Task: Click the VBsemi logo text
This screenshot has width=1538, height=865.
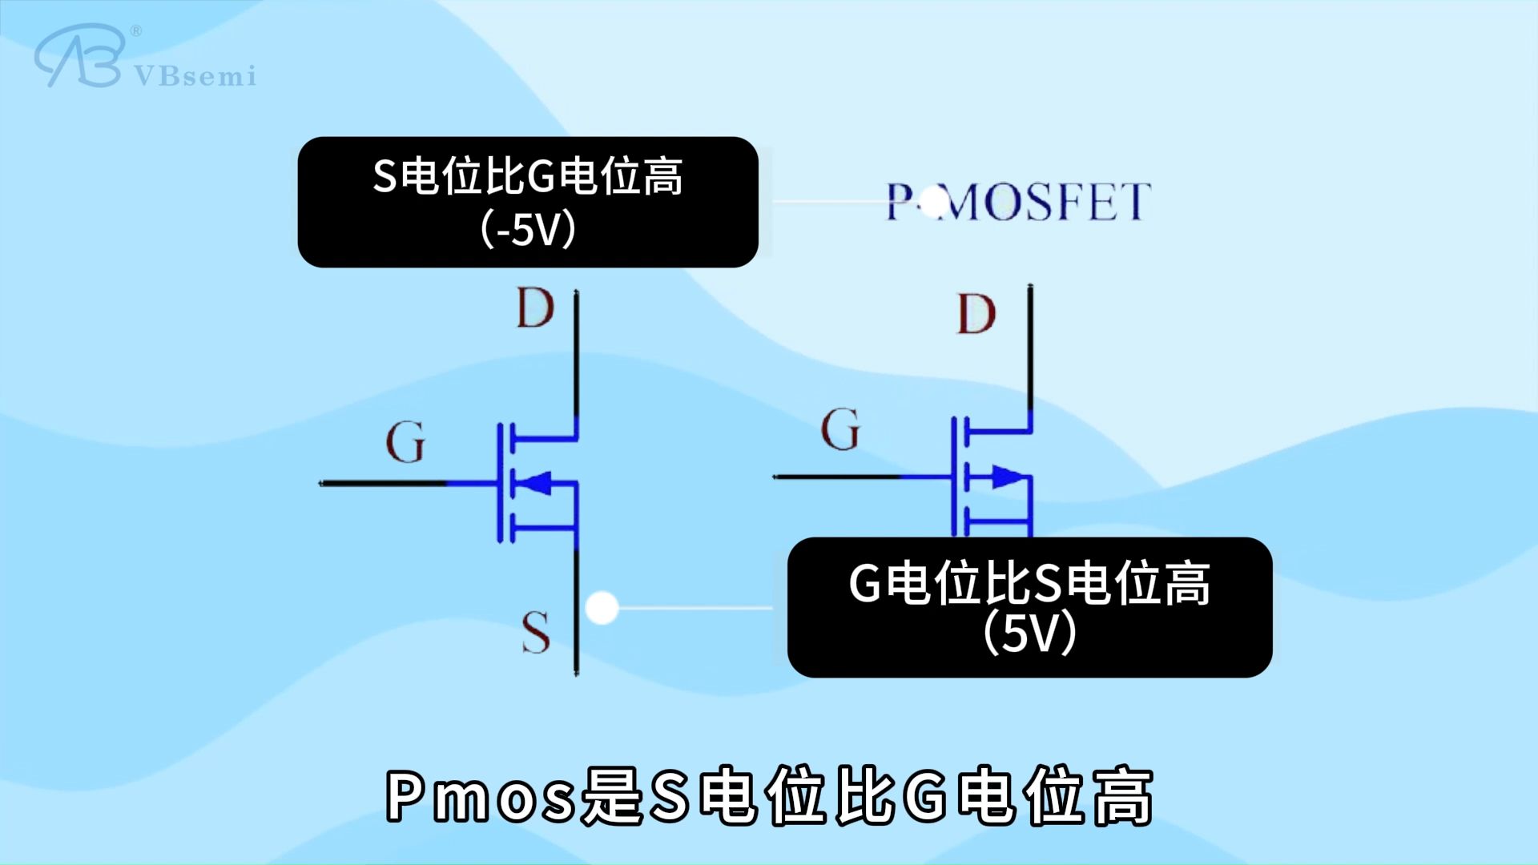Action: [195, 76]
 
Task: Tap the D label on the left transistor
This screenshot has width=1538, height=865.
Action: [535, 308]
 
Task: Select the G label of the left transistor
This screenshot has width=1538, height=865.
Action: [405, 442]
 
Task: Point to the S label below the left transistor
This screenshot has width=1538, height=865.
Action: [536, 633]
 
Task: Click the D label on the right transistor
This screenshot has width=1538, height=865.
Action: [976, 315]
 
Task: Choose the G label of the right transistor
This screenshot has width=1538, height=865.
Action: [840, 430]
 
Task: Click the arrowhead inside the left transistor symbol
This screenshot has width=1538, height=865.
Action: [534, 483]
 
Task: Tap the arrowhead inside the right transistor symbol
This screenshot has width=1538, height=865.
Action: [1009, 477]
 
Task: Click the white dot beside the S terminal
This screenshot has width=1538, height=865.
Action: [602, 608]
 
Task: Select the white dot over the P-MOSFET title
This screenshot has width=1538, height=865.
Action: [934, 202]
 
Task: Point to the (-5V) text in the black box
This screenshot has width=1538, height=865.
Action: [529, 231]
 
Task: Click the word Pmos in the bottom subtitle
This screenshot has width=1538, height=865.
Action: [481, 797]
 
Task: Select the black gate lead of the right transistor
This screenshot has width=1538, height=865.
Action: [837, 477]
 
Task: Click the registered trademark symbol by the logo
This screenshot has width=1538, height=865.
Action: [135, 31]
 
